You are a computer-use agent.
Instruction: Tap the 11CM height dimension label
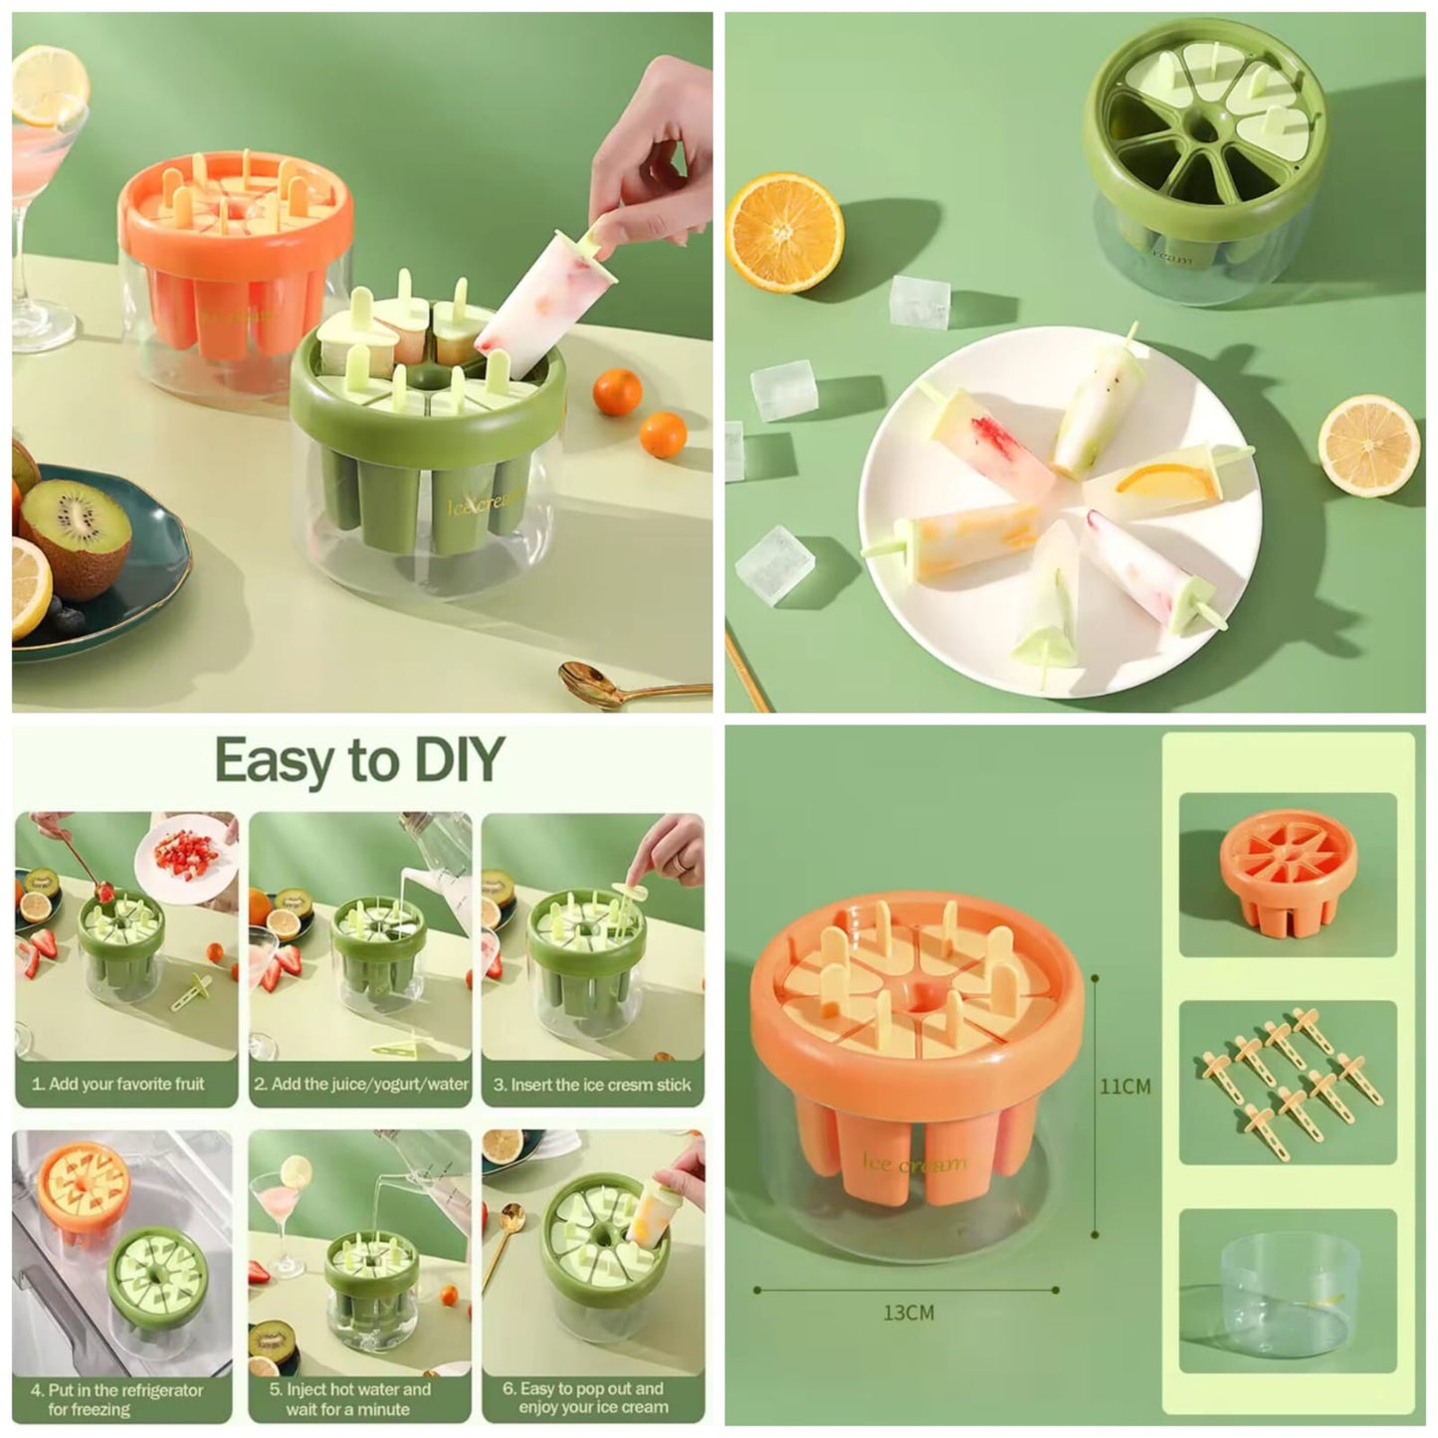click(x=1125, y=1086)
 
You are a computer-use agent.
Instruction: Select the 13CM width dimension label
click(x=909, y=1313)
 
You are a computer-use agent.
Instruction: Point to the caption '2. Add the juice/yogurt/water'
click(x=360, y=1084)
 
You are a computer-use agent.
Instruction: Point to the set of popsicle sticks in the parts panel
click(x=1290, y=1081)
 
